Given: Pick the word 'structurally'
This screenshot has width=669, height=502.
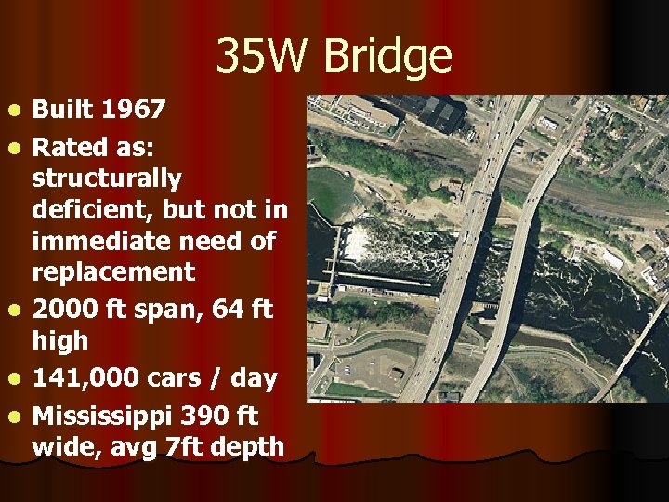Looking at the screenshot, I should [x=107, y=177].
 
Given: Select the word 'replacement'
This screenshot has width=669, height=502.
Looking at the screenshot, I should [x=113, y=272].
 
